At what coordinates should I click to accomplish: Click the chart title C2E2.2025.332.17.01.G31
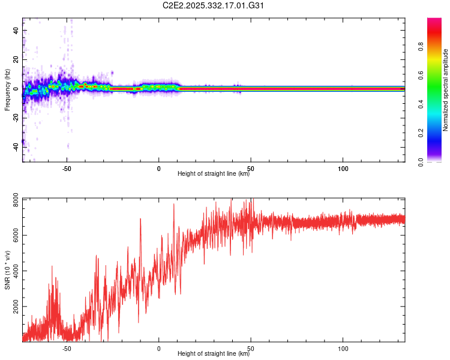pyautogui.click(x=214, y=5)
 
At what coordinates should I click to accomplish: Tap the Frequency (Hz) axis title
pyautogui.click(x=7, y=90)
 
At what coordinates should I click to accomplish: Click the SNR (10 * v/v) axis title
pyautogui.click(x=7, y=270)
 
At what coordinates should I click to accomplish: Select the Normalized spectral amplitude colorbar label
pyautogui.click(x=445, y=90)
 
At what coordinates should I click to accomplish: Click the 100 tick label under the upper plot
pyautogui.click(x=343, y=169)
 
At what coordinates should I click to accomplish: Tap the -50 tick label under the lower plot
pyautogui.click(x=67, y=349)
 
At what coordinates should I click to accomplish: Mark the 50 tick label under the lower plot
pyautogui.click(x=251, y=349)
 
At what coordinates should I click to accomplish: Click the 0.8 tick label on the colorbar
pyautogui.click(x=421, y=47)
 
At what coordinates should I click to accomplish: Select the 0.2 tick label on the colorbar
pyautogui.click(x=421, y=133)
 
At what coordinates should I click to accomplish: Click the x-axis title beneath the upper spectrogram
pyautogui.click(x=214, y=174)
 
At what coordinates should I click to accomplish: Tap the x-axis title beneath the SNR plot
pyautogui.click(x=214, y=354)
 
